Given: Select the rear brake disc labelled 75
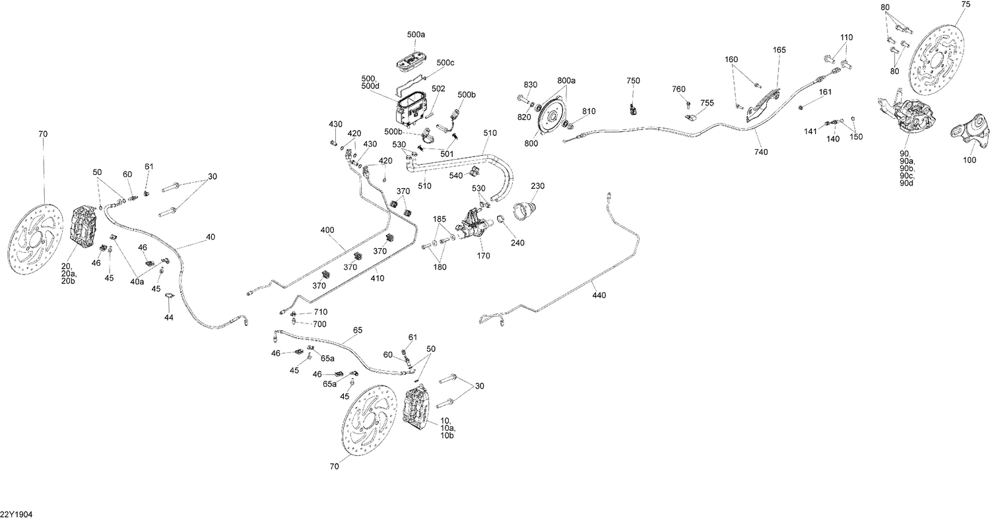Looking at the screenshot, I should click(x=937, y=59).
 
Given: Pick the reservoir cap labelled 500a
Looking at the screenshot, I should click(x=412, y=60).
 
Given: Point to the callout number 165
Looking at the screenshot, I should click(x=779, y=49).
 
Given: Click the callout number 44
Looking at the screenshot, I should click(x=169, y=318).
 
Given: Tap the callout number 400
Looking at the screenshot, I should click(x=327, y=230).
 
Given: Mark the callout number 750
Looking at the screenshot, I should click(x=633, y=81).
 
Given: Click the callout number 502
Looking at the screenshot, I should click(x=438, y=88).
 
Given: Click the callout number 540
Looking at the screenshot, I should click(x=456, y=176).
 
